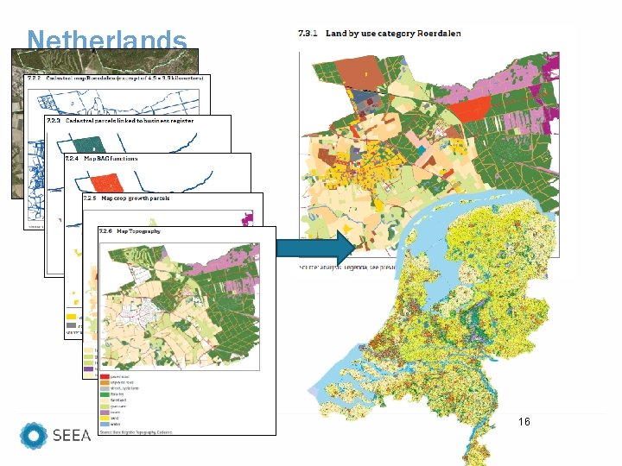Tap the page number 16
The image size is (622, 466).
click(x=524, y=422)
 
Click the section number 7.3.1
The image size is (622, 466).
click(x=309, y=34)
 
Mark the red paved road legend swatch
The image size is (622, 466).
click(x=104, y=377)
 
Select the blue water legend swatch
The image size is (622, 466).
click(x=104, y=425)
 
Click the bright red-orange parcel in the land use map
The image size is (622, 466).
click(x=471, y=108)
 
